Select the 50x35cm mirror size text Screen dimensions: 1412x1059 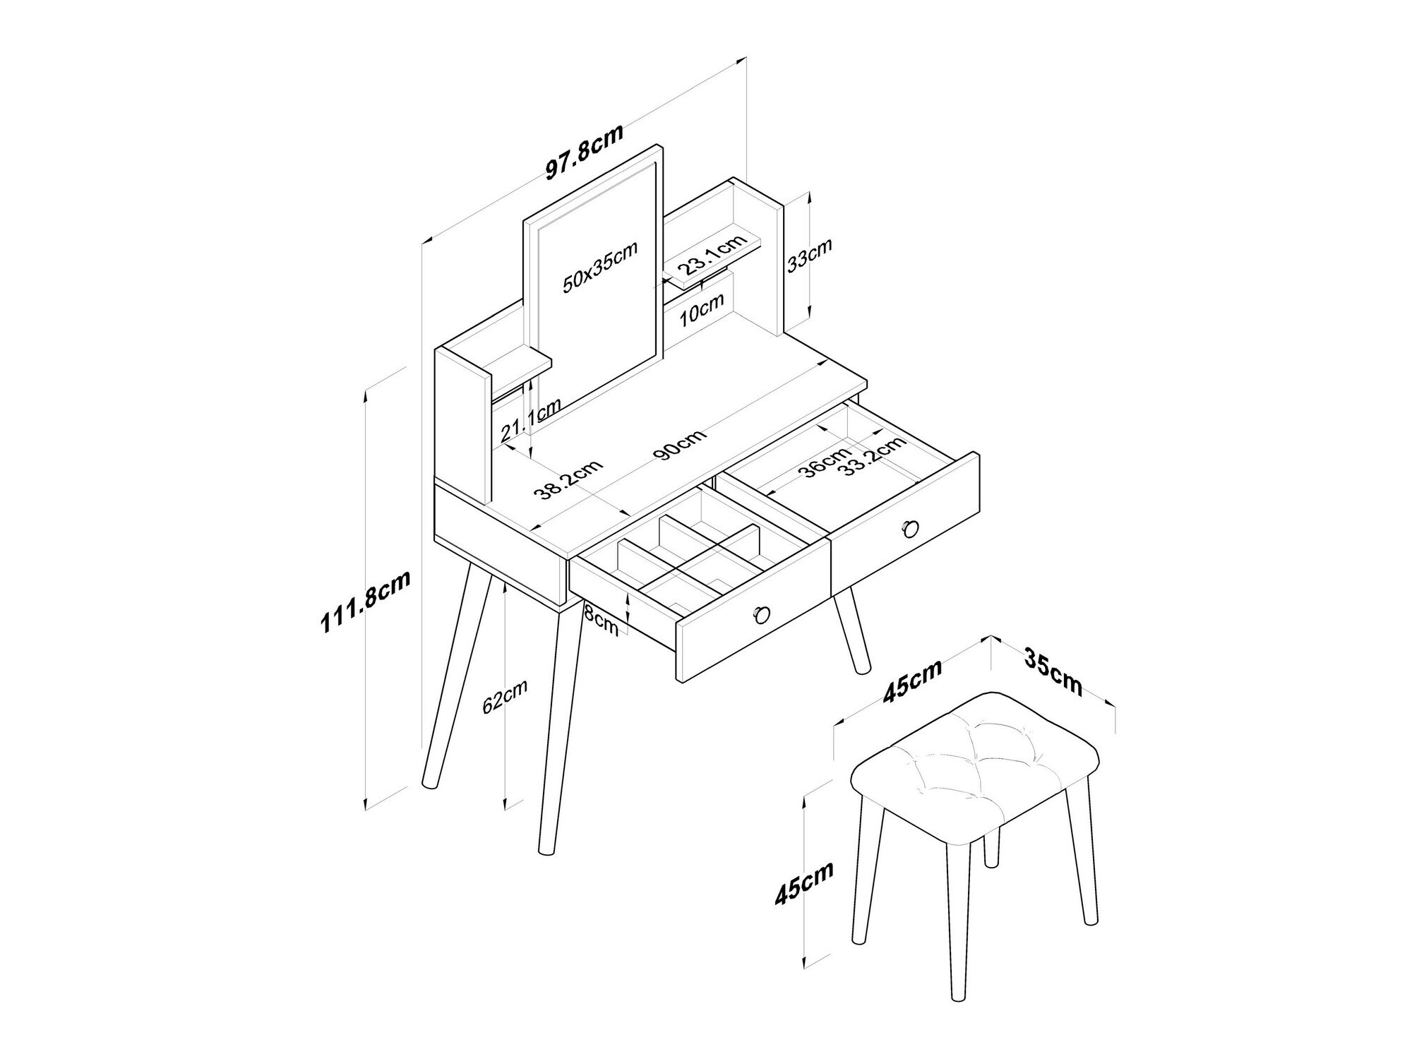[x=600, y=266]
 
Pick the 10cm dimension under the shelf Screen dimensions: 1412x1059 [x=702, y=309]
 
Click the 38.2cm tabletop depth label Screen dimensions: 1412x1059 [x=568, y=481]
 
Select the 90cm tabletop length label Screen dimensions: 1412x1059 [x=680, y=445]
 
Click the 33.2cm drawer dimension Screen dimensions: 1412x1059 [x=875, y=456]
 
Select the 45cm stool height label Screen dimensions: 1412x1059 [x=804, y=882]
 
